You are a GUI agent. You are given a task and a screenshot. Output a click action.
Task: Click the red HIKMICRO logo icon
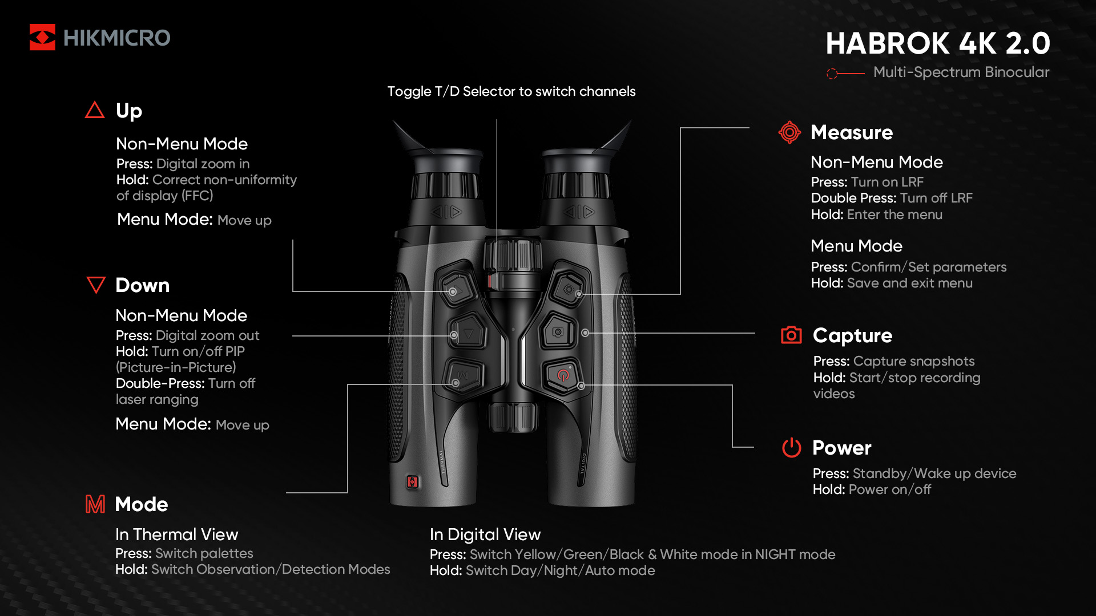click(x=42, y=37)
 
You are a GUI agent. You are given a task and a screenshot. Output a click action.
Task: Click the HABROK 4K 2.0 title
click(x=938, y=43)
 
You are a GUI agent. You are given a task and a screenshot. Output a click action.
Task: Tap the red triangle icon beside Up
click(x=95, y=110)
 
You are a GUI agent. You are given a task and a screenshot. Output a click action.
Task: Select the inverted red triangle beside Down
click(x=96, y=285)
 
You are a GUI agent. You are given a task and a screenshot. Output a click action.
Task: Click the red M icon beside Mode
click(x=95, y=504)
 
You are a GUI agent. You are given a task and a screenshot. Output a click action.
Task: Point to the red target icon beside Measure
click(x=789, y=132)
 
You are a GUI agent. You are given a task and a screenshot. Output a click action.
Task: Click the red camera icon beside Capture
click(x=791, y=335)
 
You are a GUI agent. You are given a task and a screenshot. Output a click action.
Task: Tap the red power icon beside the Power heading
click(x=791, y=448)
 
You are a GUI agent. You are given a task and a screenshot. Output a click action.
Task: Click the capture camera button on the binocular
click(x=558, y=331)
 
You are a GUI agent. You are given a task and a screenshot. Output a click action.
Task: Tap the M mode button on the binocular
click(x=463, y=375)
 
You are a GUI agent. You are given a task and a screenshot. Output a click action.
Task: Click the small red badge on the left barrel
click(x=412, y=482)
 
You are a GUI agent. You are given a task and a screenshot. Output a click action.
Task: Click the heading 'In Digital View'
click(x=485, y=534)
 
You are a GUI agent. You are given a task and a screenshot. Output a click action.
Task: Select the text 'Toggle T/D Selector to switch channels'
click(x=511, y=91)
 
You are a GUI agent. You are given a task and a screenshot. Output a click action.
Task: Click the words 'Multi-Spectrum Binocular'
click(x=961, y=72)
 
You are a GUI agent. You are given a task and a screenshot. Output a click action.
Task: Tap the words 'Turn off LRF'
click(x=936, y=198)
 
